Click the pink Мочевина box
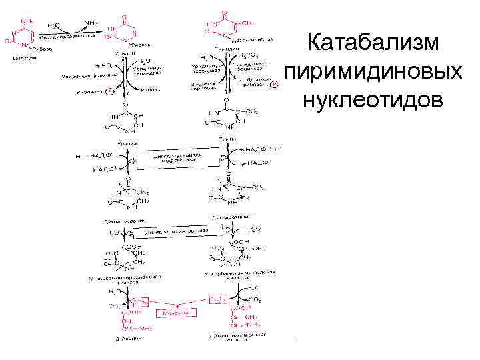tap(171, 312)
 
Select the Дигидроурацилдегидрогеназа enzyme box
tap(176, 159)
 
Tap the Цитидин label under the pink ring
tap(19, 57)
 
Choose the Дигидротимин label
tap(231, 217)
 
